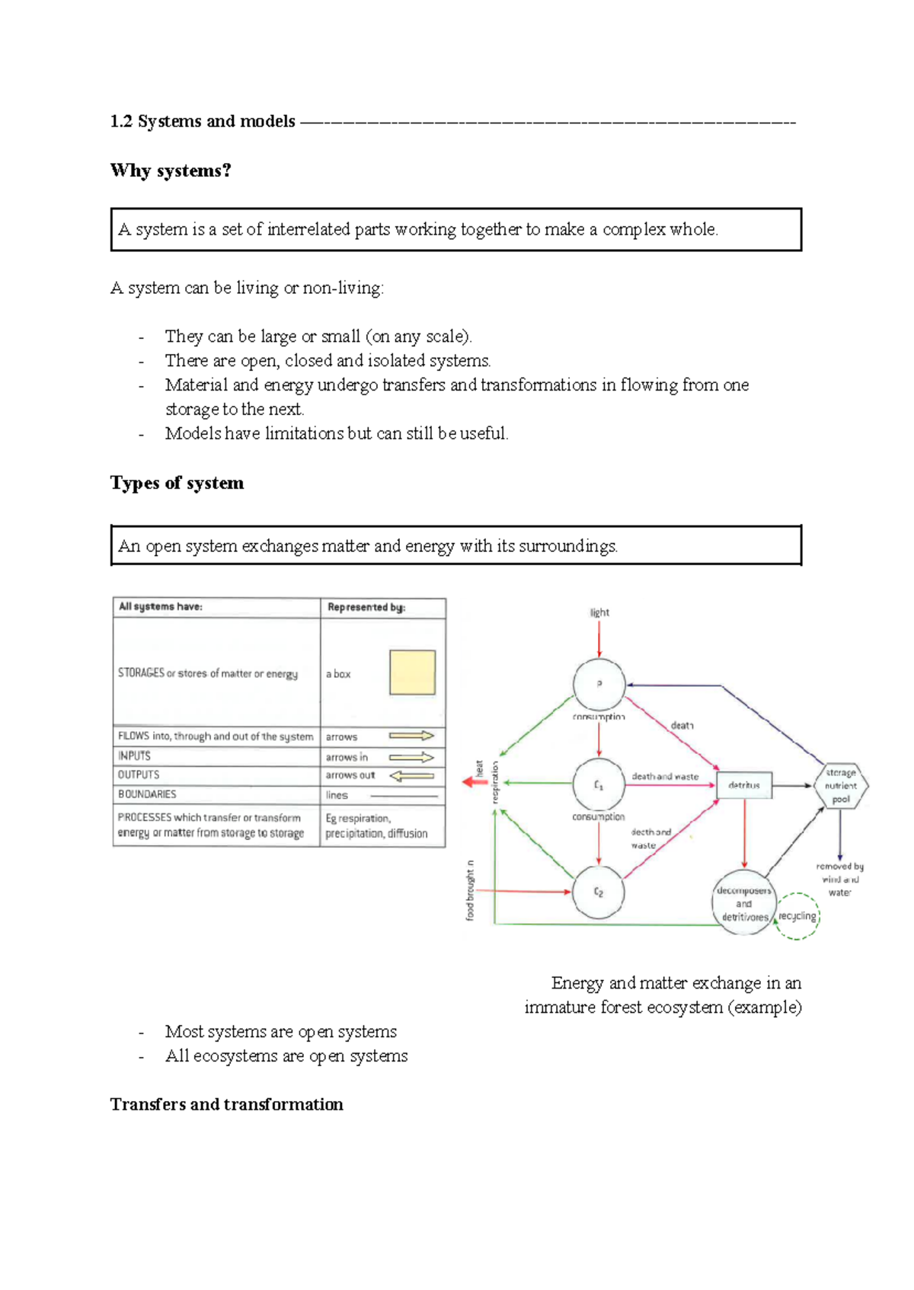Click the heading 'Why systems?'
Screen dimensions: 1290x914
click(171, 171)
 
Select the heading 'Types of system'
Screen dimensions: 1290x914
click(177, 483)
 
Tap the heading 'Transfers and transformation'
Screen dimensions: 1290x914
click(226, 1104)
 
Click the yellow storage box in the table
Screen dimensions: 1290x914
click(412, 672)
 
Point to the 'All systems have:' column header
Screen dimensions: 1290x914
click(161, 607)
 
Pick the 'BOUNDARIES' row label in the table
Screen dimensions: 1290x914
click(147, 794)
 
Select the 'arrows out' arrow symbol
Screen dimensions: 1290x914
click(411, 776)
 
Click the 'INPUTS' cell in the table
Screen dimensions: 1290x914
click(134, 756)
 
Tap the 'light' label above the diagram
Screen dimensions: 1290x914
click(599, 612)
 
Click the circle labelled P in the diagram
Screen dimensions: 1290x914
click(599, 685)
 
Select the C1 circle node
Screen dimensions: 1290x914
click(599, 784)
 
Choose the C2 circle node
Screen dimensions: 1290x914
click(599, 892)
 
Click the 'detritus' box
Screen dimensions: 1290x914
click(744, 785)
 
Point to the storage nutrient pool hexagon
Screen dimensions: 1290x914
click(841, 785)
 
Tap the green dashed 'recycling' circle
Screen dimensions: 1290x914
click(797, 916)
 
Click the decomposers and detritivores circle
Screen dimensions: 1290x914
click(743, 903)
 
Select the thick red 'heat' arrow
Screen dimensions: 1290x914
click(475, 782)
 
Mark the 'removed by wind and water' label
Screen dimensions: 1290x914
click(839, 879)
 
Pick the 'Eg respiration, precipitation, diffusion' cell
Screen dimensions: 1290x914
click(376, 825)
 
